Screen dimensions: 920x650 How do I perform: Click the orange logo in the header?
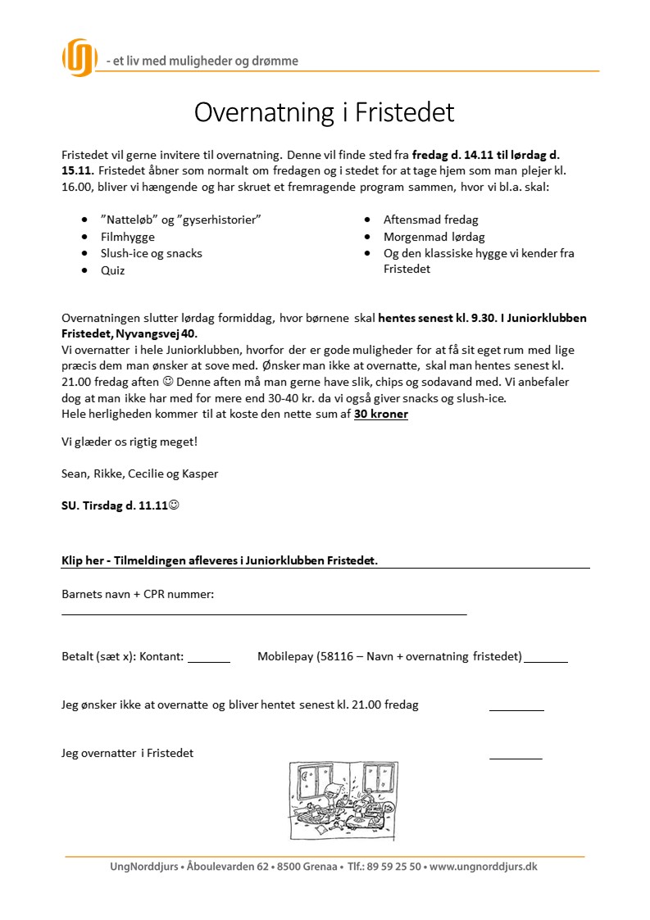[x=80, y=57]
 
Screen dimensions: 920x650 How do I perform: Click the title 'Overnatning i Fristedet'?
[x=324, y=112]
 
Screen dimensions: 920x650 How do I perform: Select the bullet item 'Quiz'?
[x=112, y=270]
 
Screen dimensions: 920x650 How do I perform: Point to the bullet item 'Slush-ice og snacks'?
[x=151, y=253]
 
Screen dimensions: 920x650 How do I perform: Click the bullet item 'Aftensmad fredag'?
[x=430, y=220]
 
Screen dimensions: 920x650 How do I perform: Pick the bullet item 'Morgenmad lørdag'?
[x=434, y=237]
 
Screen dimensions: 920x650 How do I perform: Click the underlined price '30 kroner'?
[x=381, y=414]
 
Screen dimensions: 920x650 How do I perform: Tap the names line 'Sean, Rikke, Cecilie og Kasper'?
[x=140, y=474]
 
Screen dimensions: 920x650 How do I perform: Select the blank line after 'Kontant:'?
[x=209, y=659]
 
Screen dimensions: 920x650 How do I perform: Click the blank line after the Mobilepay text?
[x=546, y=659]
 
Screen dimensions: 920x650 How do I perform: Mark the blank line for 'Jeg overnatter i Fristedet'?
[x=516, y=758]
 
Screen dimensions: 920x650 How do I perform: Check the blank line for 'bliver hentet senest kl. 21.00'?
[x=516, y=709]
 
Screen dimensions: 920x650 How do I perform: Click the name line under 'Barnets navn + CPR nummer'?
[x=264, y=613]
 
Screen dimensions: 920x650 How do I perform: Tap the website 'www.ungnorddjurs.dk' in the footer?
[x=483, y=867]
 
